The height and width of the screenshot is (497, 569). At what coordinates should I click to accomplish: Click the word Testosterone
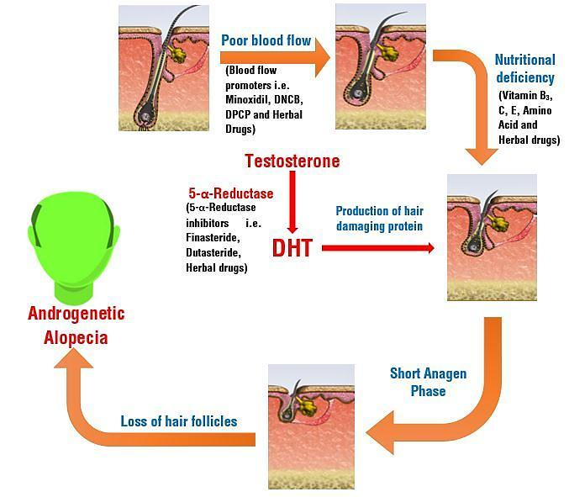[x=292, y=161]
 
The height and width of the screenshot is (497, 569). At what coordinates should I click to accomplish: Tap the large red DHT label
[x=292, y=248]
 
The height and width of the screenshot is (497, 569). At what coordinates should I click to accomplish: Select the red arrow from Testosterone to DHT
[x=292, y=202]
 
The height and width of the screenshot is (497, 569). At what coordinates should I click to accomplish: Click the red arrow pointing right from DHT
[x=378, y=248]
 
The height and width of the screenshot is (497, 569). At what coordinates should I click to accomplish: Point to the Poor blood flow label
[x=266, y=40]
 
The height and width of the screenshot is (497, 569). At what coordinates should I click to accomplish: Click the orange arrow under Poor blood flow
[x=275, y=58]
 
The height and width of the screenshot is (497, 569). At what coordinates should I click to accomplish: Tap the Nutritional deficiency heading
[x=525, y=69]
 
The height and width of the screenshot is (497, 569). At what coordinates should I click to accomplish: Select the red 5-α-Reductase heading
[x=231, y=193]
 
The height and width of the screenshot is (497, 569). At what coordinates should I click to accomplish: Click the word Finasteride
[x=213, y=237]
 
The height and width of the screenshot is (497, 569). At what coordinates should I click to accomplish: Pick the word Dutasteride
[x=213, y=252]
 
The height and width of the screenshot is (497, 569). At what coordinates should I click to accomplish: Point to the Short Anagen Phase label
[x=428, y=383]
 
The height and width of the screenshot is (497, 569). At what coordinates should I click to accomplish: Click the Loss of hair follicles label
[x=179, y=421]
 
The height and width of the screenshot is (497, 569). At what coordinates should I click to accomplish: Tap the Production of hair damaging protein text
[x=379, y=219]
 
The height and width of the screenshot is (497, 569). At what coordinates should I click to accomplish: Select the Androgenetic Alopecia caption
[x=76, y=325]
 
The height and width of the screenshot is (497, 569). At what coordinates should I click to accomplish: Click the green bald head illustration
[x=74, y=247]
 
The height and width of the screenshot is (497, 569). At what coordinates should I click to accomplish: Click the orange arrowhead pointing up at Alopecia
[x=74, y=358]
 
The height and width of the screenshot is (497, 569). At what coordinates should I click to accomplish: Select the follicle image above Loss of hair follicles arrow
[x=311, y=427]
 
